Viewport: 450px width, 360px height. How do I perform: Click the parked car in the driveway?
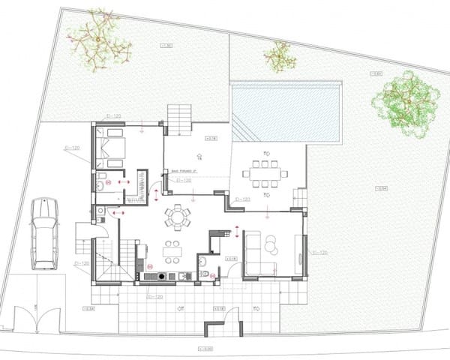(x=43, y=234)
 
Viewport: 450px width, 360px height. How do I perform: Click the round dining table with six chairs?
(x=178, y=217)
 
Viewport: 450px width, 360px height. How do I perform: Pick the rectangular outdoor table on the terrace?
(x=264, y=172)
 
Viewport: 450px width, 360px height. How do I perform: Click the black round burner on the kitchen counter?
(x=149, y=276)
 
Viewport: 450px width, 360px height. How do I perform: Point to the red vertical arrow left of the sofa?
(x=237, y=231)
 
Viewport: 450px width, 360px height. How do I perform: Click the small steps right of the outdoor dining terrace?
(x=299, y=197)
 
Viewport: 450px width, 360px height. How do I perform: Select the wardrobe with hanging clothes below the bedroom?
(x=135, y=187)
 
